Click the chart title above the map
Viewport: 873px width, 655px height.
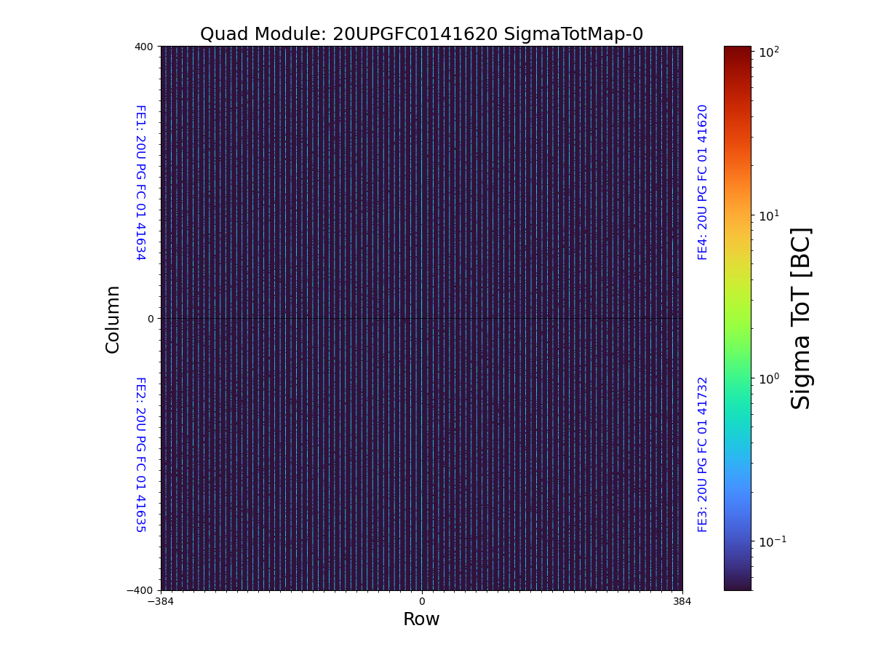tap(421, 34)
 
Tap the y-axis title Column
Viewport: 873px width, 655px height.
tap(113, 319)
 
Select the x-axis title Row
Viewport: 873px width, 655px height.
tap(421, 619)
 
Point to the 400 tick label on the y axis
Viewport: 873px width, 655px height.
tap(144, 47)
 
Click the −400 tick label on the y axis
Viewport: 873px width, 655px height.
tap(141, 590)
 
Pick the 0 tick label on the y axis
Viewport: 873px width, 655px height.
tap(151, 319)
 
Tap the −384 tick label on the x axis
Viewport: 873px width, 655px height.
tap(161, 601)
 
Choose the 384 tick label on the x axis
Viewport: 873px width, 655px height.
tap(682, 601)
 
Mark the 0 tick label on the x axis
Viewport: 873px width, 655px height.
tap(421, 601)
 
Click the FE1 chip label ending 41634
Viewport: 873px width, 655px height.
tap(140, 182)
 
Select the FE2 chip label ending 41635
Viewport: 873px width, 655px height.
tap(140, 454)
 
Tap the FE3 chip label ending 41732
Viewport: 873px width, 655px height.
tap(703, 454)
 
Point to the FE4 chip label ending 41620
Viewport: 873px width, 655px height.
tap(703, 182)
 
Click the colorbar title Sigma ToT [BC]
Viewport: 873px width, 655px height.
tap(801, 318)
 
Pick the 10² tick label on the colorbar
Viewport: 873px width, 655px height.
tap(770, 52)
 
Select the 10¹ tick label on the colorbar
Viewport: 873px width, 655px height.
tap(770, 215)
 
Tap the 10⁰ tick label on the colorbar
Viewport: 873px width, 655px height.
tap(770, 378)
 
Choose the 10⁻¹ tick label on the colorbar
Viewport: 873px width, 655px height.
tap(771, 541)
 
